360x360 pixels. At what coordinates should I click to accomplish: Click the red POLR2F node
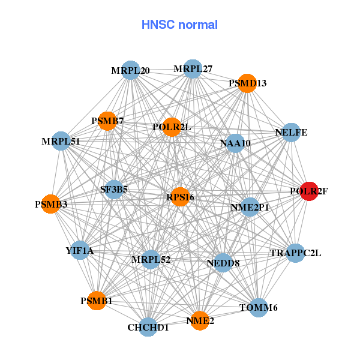[308, 191]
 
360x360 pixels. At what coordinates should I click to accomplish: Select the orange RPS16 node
[181, 197]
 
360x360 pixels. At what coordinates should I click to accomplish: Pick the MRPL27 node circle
[193, 69]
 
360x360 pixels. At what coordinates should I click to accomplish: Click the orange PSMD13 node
[247, 83]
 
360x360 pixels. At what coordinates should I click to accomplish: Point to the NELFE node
[290, 133]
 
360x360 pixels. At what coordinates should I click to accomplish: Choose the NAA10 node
[235, 143]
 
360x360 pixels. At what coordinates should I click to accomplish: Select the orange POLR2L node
[172, 127]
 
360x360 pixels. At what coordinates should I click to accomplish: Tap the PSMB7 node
[107, 121]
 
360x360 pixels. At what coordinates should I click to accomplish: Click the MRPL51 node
[61, 142]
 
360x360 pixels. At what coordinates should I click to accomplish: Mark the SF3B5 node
[114, 190]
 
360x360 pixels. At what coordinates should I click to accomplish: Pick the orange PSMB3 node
[51, 205]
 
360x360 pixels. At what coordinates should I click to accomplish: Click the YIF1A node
[80, 250]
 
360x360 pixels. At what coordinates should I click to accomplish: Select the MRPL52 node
[151, 260]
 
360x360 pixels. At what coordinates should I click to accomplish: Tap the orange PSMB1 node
[97, 301]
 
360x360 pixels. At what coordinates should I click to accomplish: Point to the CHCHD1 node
[148, 328]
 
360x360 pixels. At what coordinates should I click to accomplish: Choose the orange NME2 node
[200, 321]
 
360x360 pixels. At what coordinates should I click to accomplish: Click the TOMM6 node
[258, 308]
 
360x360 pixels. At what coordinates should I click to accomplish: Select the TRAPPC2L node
[295, 253]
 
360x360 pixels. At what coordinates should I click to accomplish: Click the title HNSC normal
[179, 25]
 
